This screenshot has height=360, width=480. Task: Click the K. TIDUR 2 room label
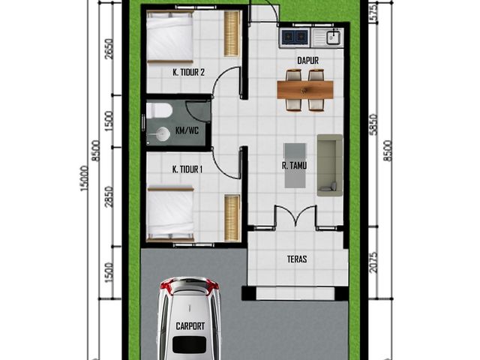click(x=188, y=73)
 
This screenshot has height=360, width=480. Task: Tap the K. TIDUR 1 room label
click(x=187, y=169)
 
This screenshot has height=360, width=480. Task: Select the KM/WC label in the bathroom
click(x=187, y=131)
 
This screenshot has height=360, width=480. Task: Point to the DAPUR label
click(x=308, y=60)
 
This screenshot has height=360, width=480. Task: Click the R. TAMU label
click(x=294, y=166)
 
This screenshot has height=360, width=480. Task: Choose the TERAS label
click(x=297, y=259)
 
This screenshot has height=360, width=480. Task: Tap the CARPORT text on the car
click(x=190, y=326)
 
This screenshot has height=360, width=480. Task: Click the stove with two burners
click(x=294, y=37)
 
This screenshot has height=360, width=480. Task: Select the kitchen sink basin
click(x=333, y=37)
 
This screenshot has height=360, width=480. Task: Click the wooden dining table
click(x=305, y=89)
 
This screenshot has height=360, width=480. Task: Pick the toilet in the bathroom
click(x=158, y=110)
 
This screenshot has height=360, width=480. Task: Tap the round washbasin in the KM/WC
click(x=163, y=134)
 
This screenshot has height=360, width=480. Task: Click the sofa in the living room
click(x=330, y=165)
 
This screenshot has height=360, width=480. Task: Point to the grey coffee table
click(x=295, y=166)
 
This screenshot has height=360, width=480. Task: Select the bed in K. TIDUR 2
click(x=169, y=37)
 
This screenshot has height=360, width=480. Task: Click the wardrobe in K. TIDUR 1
click(x=232, y=218)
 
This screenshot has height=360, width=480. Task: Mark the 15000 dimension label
click(x=85, y=178)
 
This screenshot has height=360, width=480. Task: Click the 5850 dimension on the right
click(x=373, y=124)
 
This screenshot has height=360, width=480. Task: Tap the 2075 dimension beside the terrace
click(x=373, y=262)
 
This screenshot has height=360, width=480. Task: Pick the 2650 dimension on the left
click(x=109, y=49)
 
